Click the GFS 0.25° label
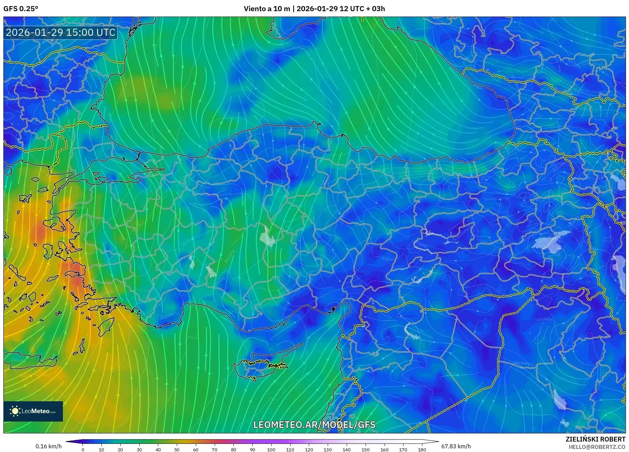point(21,9)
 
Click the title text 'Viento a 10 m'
point(267,9)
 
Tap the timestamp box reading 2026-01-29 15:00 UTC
point(61,32)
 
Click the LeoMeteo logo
point(33,411)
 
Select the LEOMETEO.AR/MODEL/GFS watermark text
point(314,425)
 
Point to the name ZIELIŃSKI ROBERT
point(595,439)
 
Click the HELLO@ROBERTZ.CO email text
point(597,447)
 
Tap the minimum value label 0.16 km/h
point(49,446)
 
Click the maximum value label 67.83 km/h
point(456,446)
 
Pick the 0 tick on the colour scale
point(83,449)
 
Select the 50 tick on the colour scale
point(177,449)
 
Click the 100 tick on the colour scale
point(271,449)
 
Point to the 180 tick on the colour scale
point(422,449)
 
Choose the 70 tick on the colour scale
point(214,449)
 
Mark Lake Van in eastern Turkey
point(550,241)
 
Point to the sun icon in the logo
point(15,411)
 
